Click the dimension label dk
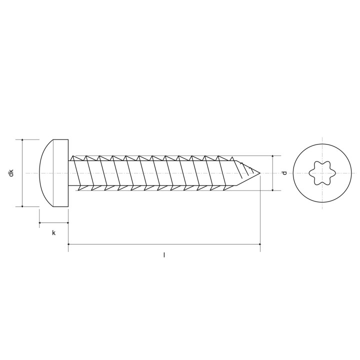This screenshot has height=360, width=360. click(11, 173)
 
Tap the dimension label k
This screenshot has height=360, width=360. click(53, 233)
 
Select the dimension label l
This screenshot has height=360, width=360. click(164, 255)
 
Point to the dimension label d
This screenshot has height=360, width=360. click(284, 172)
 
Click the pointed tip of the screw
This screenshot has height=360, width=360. click(260, 173)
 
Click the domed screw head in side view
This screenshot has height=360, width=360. click(54, 173)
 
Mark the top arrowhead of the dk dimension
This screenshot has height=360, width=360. click(22, 140)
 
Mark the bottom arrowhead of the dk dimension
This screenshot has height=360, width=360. click(22, 206)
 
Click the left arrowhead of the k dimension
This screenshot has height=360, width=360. click(40, 222)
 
